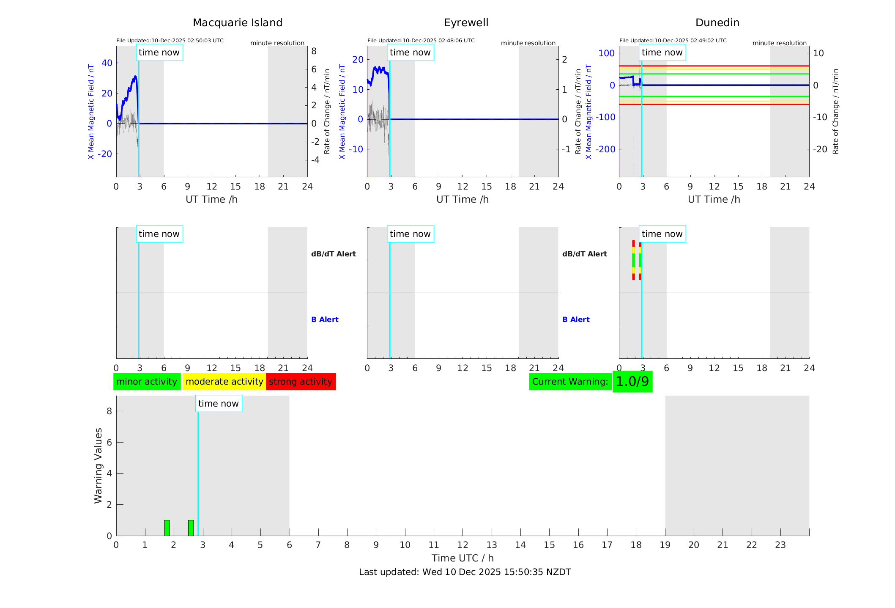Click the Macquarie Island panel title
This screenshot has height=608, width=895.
(x=238, y=23)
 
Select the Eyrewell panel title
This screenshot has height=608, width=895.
(x=466, y=23)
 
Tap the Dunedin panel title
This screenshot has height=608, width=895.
(x=717, y=23)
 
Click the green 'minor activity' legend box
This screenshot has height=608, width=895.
(x=147, y=382)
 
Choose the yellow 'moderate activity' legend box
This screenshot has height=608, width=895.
(x=224, y=382)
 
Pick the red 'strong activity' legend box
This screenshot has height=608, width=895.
(x=301, y=382)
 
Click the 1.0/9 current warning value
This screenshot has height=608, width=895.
(x=632, y=382)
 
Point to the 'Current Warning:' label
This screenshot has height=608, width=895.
(x=570, y=382)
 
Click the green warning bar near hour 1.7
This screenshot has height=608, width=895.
(x=167, y=528)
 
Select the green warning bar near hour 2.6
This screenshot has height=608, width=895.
(x=191, y=528)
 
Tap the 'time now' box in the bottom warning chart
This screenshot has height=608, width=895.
(x=218, y=404)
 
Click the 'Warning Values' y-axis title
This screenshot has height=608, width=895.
(x=99, y=465)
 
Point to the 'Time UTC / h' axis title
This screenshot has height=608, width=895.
(x=463, y=558)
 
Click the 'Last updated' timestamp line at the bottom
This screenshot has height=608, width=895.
(x=465, y=572)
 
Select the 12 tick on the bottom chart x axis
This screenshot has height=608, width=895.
(x=463, y=545)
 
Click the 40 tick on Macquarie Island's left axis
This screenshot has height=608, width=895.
(x=107, y=63)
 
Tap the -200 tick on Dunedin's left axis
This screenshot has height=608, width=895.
(x=605, y=149)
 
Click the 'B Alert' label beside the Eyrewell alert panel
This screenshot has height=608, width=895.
(x=576, y=319)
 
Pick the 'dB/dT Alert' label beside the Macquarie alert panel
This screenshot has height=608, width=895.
(x=333, y=254)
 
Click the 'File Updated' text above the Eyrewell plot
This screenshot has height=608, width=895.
(x=421, y=41)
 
